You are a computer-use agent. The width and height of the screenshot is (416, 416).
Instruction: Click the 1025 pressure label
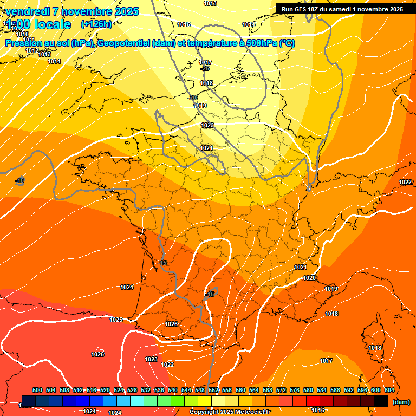tap(116, 320)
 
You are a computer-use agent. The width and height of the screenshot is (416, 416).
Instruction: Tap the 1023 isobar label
tap(151, 359)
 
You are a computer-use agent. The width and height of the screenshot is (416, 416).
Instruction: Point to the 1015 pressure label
tap(184, 24)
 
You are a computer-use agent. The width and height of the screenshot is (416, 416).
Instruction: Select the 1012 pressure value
tap(32, 50)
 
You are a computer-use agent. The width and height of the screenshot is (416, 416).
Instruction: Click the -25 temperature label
tap(205, 68)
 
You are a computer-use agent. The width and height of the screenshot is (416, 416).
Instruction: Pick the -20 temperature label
tap(192, 97)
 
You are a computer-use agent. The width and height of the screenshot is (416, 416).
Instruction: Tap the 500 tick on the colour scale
tap(37, 390)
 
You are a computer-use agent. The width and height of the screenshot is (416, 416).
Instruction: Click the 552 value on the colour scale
tap(213, 390)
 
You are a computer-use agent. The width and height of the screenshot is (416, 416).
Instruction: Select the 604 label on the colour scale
tap(389, 390)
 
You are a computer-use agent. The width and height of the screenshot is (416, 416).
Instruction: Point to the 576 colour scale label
tap(295, 390)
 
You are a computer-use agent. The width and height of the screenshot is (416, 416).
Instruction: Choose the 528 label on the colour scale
tap(132, 390)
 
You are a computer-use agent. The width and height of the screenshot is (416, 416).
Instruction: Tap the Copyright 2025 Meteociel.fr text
tap(230, 412)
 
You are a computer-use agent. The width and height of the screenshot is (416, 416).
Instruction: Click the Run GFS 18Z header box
tap(342, 9)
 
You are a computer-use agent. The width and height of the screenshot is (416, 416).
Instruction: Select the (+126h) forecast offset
tap(96, 24)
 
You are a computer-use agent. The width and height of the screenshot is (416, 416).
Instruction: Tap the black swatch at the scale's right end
tap(381, 401)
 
